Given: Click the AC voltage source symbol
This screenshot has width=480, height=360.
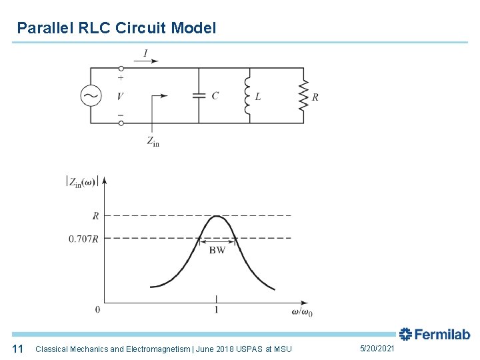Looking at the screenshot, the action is point(91,96).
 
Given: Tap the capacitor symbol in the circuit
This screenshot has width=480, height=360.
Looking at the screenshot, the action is point(198,95).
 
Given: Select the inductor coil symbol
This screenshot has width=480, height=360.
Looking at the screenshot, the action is point(248,95).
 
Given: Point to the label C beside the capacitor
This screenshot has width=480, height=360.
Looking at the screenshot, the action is point(215,96).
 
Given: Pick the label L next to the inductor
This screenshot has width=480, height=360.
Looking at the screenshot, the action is point(258,97).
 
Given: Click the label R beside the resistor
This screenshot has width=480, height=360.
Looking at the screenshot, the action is point(315,97).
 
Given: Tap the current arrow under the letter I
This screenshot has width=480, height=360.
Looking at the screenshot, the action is point(146,61).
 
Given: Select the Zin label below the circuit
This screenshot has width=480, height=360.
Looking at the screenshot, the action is point(153,141).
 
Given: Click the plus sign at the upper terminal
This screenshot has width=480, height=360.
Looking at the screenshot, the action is point(120,77).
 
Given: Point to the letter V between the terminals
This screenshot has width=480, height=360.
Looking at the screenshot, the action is point(120,96).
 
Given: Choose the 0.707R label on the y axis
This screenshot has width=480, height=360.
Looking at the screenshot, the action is point(83,239).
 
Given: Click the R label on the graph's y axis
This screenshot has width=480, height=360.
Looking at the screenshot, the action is point(95,216).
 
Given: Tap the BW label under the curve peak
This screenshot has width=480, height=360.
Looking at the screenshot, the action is point(217,251).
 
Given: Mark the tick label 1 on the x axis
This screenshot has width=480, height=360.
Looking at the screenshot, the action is point(216,310).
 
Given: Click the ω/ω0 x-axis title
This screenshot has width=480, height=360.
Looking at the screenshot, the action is point(302,311).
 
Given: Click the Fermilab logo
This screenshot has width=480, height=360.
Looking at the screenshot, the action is point(435,334).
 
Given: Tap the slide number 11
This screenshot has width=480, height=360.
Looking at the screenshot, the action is point(18,349).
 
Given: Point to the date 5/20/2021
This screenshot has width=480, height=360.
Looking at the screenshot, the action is point(377,349).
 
